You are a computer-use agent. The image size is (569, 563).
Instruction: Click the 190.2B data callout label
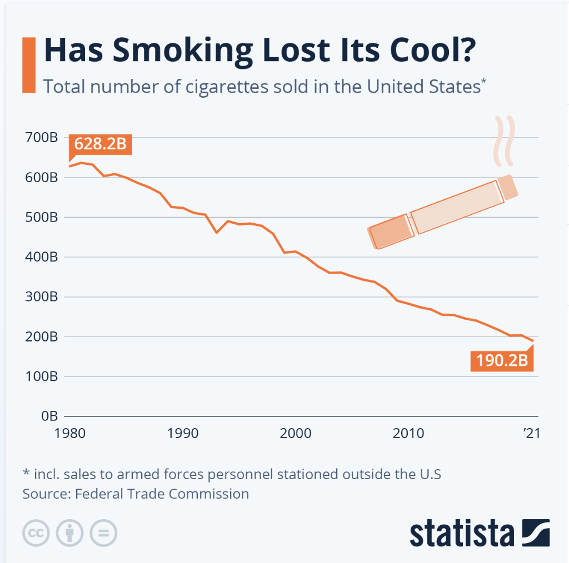tap(502, 361)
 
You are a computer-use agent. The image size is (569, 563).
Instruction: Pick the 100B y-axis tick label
tap(41, 376)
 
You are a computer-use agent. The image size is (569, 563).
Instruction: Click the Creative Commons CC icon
tap(36, 534)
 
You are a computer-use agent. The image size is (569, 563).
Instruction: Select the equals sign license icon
tap(103, 534)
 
